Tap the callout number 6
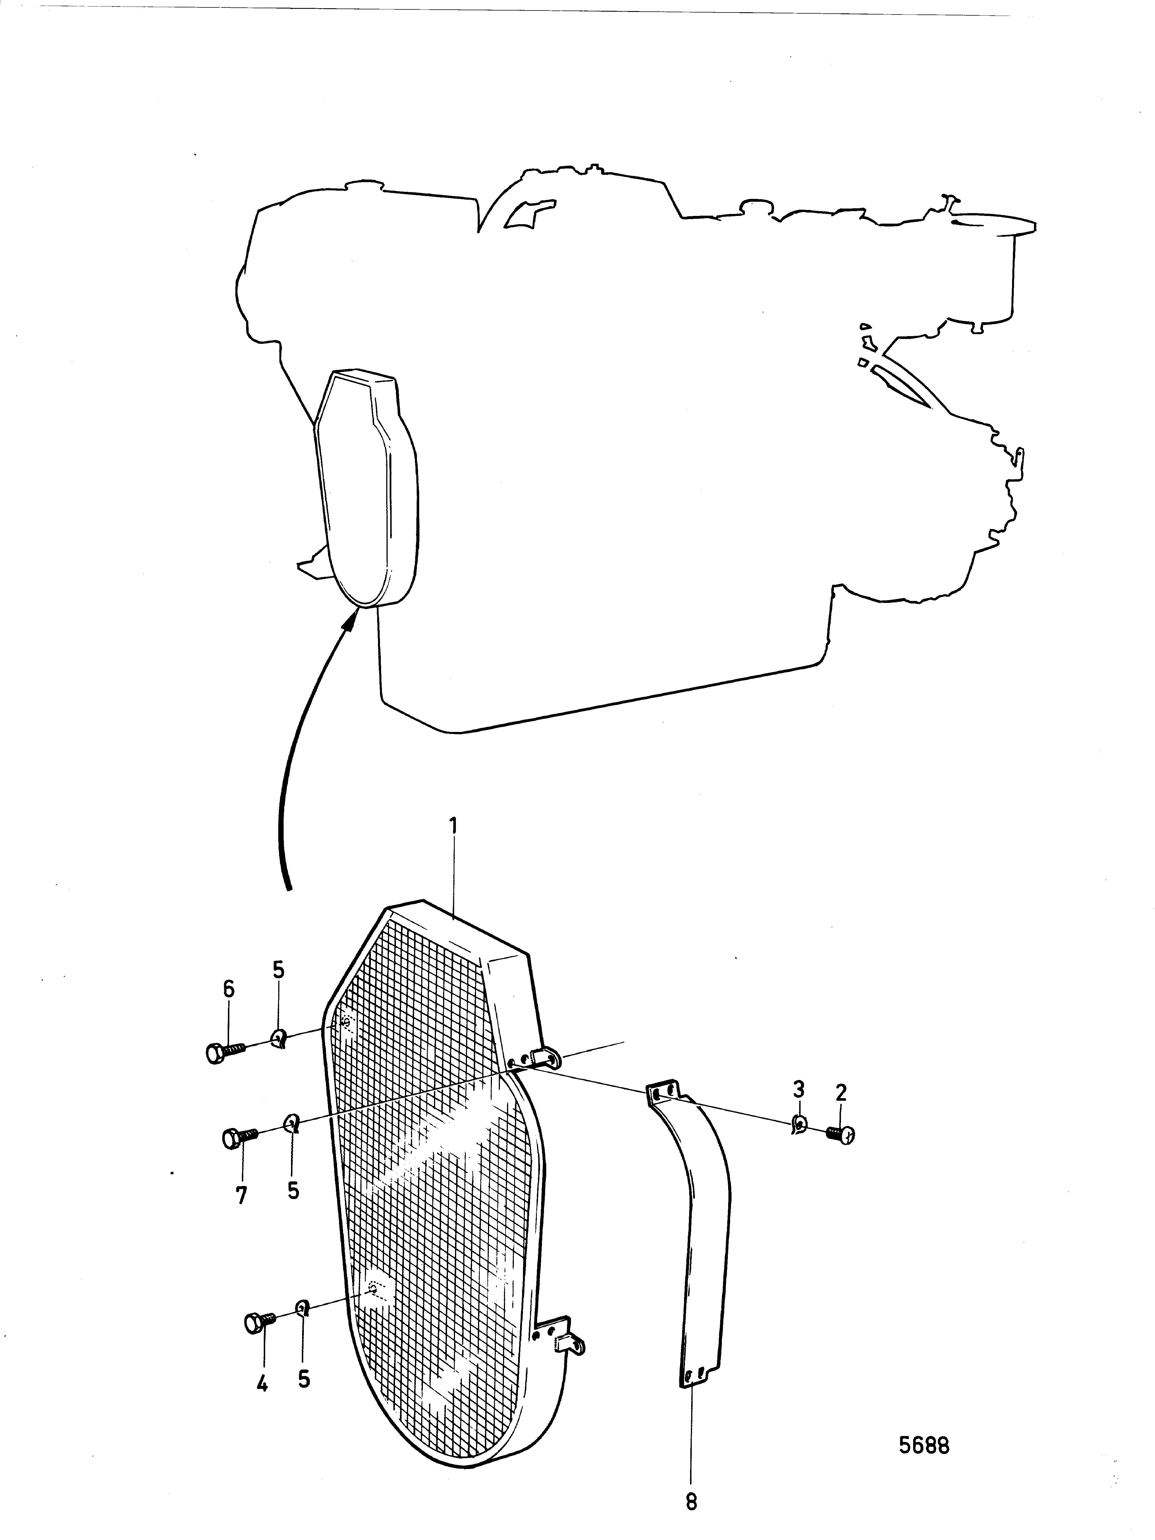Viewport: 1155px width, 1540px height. point(228,988)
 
